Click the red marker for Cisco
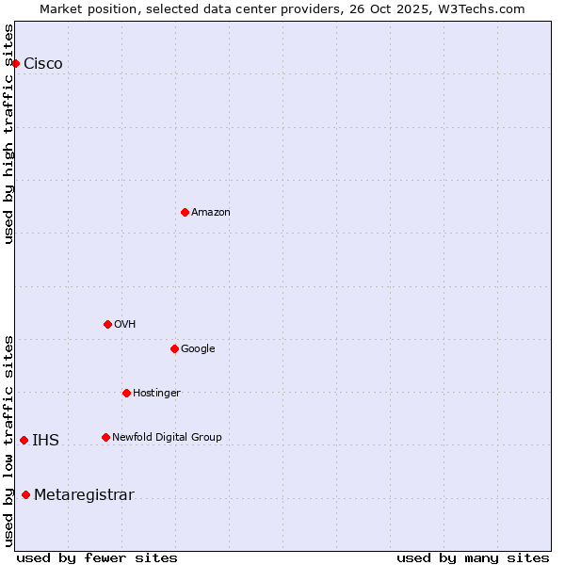pos(16,63)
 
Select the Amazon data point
pos(185,212)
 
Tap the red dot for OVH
pos(107,324)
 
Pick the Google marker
pos(174,348)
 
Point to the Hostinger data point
pos(126,393)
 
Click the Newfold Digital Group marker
pos(105,437)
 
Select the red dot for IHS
pos(24,440)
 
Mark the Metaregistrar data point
pos(25,495)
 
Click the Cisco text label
pos(43,64)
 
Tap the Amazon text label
pos(211,213)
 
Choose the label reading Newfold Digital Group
pos(167,437)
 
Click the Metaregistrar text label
pos(84,495)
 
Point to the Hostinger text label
pos(156,393)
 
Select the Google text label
pos(198,349)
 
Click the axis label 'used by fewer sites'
pos(97,557)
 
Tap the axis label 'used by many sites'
pos(473,557)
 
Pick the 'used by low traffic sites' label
pos(9,441)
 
